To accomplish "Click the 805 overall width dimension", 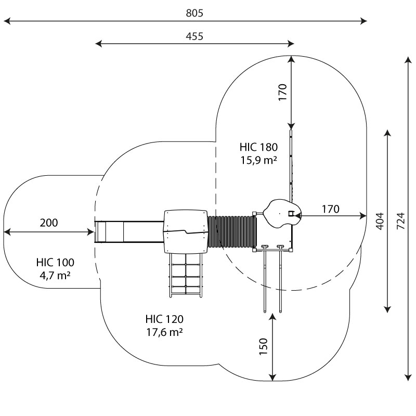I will point(194,13).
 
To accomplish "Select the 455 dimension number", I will point(194,36).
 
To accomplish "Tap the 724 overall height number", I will point(400,220).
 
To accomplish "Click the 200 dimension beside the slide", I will point(49,223).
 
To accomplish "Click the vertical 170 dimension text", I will point(282,92).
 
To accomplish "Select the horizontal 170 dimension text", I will point(330,209).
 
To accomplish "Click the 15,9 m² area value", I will point(258,160).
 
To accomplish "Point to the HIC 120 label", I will point(164,319).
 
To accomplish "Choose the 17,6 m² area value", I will point(164,332).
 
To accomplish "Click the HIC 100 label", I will point(55,262).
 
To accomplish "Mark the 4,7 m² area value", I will point(55,275).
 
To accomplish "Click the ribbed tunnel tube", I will point(232,231).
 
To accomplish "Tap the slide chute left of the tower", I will point(128,231).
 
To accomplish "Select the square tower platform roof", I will point(185,231).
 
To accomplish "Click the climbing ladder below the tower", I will point(185,276).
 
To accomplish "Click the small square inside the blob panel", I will point(291,213).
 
